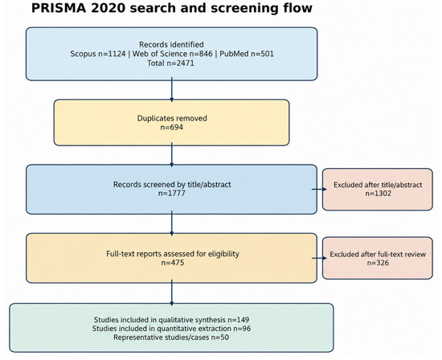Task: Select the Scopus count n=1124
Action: [x=112, y=54]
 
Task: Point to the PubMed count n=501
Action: [x=262, y=54]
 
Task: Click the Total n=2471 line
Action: [x=171, y=63]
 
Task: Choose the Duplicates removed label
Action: [x=172, y=118]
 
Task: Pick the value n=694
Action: [x=172, y=127]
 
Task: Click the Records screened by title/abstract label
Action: [x=172, y=184]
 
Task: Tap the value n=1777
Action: [x=172, y=194]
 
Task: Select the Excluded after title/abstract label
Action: [x=378, y=185]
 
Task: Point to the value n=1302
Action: [x=379, y=194]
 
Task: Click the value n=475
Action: [x=173, y=263]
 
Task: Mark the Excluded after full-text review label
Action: [x=378, y=254]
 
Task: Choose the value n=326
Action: [x=378, y=263]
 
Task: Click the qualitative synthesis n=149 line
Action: [x=171, y=320]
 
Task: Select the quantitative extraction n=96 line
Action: [x=171, y=329]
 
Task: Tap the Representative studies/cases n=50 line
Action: [x=171, y=337]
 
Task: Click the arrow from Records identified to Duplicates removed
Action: [x=172, y=90]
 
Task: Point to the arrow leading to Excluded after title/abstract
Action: [x=319, y=189]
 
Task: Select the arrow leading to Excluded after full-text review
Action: [x=319, y=258]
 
